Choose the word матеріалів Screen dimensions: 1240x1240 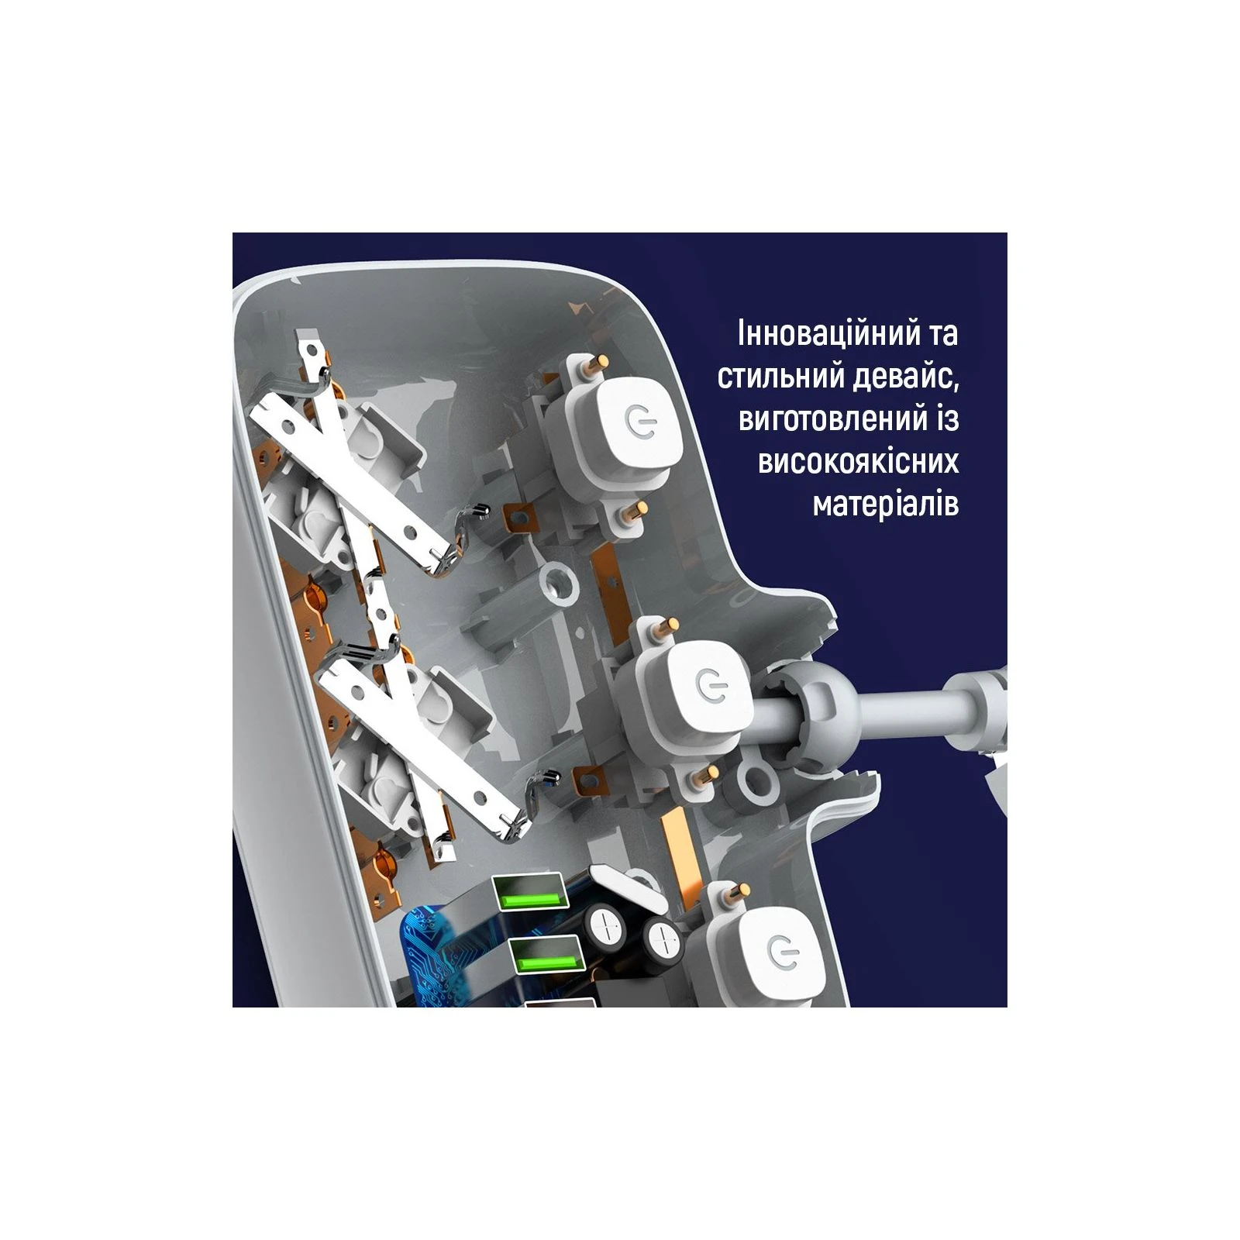tap(886, 505)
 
